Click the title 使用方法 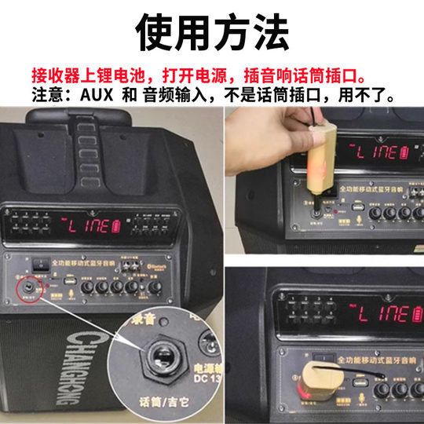pos(212,33)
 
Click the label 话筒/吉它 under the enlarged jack pos(161,404)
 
